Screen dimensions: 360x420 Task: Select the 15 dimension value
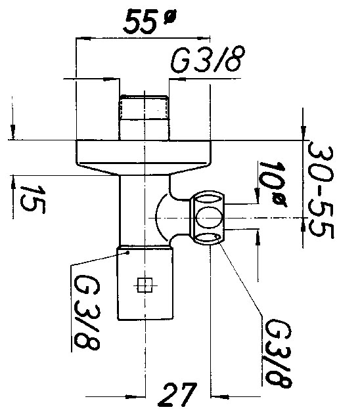(33, 199)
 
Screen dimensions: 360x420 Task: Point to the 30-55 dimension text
(321, 192)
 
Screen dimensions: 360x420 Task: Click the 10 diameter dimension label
(273, 185)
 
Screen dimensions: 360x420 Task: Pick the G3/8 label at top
(208, 60)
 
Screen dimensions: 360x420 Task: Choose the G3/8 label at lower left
(87, 312)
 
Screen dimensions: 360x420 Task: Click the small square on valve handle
(145, 285)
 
